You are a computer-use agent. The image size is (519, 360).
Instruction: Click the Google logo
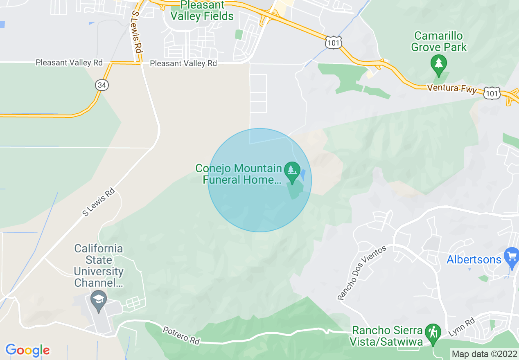click(x=27, y=350)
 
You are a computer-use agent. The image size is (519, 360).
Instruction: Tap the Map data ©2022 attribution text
click(x=484, y=353)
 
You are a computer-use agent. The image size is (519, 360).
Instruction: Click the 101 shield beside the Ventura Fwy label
click(x=491, y=93)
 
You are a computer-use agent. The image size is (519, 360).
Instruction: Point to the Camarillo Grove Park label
click(x=439, y=41)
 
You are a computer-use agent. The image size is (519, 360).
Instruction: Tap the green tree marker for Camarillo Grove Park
click(x=439, y=64)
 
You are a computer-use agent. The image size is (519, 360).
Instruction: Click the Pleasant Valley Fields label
click(x=202, y=11)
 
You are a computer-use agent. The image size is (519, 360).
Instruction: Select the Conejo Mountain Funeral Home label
click(x=239, y=174)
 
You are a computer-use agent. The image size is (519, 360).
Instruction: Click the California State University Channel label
click(x=99, y=265)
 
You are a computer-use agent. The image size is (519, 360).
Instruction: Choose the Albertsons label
click(x=474, y=259)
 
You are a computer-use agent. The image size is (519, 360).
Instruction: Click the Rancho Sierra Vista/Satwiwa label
click(x=387, y=336)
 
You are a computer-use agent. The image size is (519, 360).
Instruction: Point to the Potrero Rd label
click(x=182, y=335)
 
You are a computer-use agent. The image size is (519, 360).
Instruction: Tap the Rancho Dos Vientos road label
click(x=362, y=273)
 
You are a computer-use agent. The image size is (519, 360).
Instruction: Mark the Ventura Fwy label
click(x=451, y=88)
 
